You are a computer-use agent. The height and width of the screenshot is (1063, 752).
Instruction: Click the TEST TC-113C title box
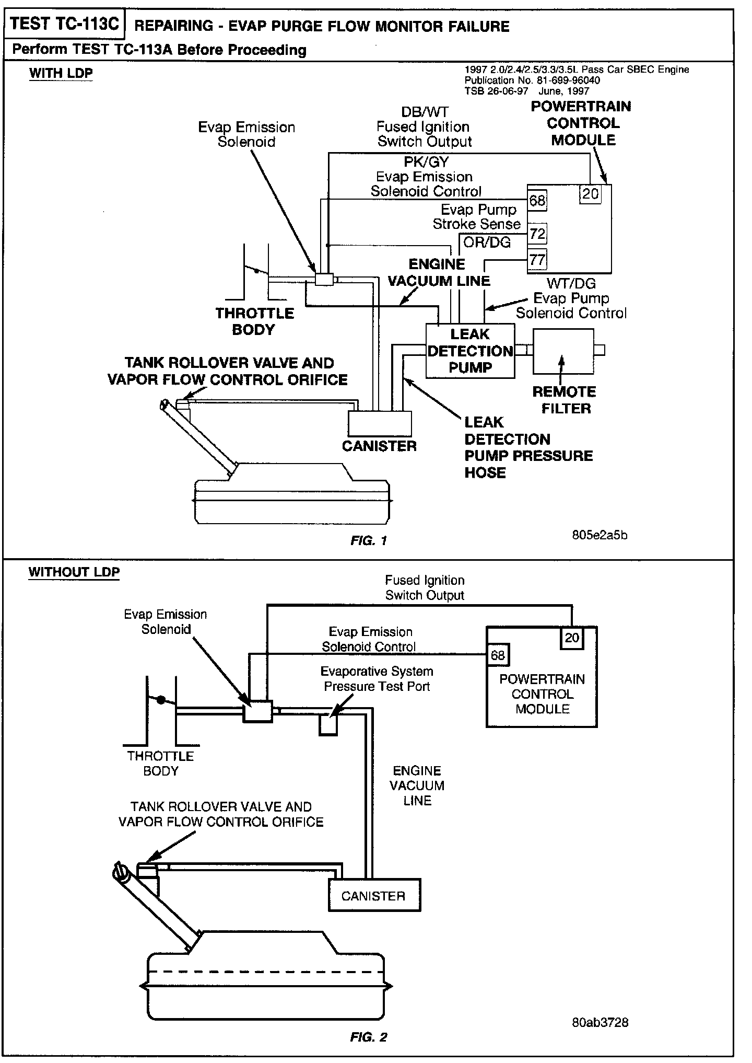click(x=64, y=24)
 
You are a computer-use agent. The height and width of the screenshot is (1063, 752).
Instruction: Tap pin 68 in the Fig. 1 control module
click(x=537, y=201)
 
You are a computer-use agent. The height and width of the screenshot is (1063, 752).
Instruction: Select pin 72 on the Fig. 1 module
click(x=537, y=234)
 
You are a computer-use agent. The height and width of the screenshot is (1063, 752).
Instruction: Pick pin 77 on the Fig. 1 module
click(x=537, y=260)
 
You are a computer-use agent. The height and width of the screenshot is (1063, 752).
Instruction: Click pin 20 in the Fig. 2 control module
click(x=572, y=638)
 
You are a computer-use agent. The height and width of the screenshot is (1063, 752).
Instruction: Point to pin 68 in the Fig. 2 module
click(x=498, y=655)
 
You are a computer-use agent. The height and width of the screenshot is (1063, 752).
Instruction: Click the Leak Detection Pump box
click(x=470, y=351)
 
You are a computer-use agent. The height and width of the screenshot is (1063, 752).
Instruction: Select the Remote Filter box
click(x=563, y=351)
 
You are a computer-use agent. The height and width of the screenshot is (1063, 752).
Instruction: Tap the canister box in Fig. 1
click(x=380, y=423)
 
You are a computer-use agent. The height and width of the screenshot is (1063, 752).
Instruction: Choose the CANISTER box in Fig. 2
click(x=374, y=896)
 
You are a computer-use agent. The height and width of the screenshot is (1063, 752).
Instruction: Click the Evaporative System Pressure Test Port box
click(x=328, y=726)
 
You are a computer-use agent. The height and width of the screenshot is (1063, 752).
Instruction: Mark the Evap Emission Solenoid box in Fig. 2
click(x=258, y=712)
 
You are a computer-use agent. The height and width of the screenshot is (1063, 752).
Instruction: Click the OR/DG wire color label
click(x=487, y=243)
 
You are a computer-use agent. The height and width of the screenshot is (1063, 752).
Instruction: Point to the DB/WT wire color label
click(x=425, y=112)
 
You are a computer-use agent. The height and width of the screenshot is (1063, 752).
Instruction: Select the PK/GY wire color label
click(x=426, y=162)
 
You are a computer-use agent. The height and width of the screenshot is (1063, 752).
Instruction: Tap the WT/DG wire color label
click(x=571, y=284)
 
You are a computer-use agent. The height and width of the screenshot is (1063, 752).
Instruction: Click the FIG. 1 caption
click(x=369, y=541)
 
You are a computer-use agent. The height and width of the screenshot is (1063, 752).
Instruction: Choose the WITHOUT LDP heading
click(x=74, y=572)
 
